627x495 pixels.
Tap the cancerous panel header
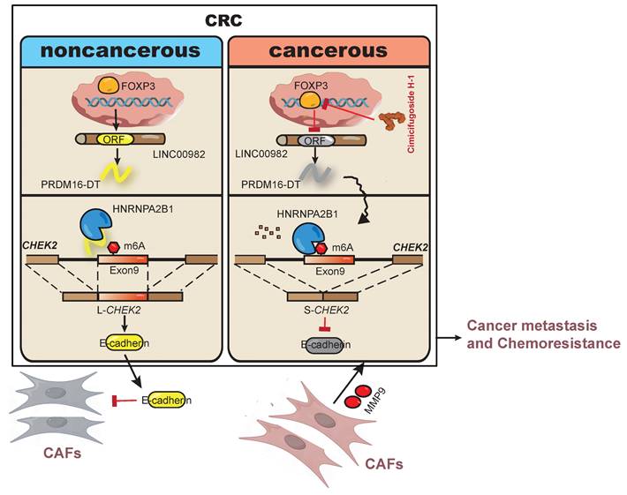pyautogui.click(x=328, y=51)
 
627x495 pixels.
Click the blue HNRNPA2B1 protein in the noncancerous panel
pyautogui.click(x=94, y=227)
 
